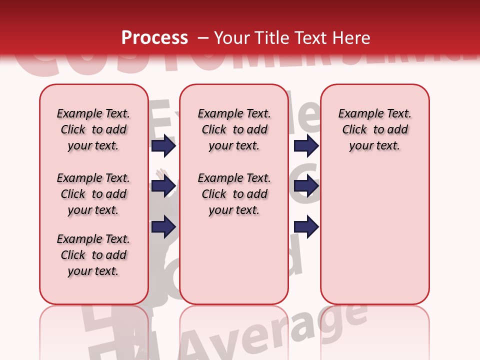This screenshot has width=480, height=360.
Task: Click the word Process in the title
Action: (x=154, y=38)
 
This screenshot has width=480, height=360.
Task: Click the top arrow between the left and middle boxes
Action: (x=163, y=146)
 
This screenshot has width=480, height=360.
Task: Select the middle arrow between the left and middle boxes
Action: (x=163, y=186)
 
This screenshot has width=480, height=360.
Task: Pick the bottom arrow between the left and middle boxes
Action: (x=163, y=227)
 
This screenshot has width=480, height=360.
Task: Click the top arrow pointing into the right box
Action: (x=306, y=146)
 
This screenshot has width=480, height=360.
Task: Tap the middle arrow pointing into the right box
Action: (x=306, y=186)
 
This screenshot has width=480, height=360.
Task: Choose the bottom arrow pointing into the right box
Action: (x=306, y=227)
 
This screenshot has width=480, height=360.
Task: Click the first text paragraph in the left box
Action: (x=93, y=129)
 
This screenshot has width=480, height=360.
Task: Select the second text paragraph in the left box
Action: (x=93, y=194)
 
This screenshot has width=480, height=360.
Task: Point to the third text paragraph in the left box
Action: (x=93, y=255)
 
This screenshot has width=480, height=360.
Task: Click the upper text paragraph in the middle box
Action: (x=234, y=129)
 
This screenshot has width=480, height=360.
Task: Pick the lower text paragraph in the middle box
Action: (x=234, y=194)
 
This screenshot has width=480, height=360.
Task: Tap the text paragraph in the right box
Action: (x=374, y=129)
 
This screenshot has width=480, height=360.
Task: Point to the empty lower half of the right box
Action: (x=374, y=240)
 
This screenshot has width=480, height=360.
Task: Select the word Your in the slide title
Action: (x=232, y=38)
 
